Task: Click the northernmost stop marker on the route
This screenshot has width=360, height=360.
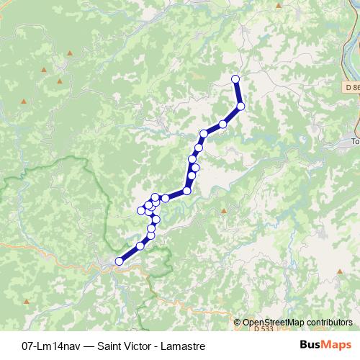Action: [234, 78]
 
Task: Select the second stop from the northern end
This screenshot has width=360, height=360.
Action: [240, 106]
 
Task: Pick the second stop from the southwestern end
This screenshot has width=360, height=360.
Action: [140, 246]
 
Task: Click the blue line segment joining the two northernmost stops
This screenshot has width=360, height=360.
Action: [238, 92]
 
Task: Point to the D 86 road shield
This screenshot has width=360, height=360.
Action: [349, 87]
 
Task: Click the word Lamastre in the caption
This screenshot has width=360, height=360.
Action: [194, 345]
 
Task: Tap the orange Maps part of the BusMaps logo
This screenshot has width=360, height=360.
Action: [334, 345]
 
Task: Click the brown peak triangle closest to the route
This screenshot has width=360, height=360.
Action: [224, 211]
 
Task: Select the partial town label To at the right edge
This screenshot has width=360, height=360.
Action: [354, 142]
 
